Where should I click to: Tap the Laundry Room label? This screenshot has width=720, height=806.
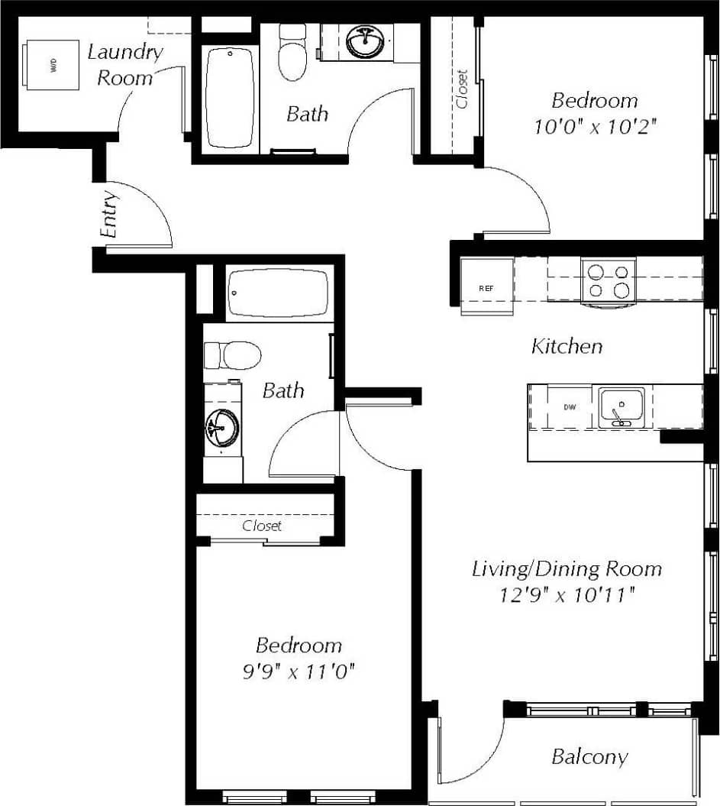[124, 64]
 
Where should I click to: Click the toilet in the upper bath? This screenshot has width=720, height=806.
[292, 53]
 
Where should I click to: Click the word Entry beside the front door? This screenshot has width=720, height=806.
[110, 215]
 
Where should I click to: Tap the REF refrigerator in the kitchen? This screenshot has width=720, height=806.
[486, 288]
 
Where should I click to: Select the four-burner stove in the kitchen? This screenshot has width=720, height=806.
[609, 280]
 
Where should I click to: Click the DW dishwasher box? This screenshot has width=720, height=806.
[570, 407]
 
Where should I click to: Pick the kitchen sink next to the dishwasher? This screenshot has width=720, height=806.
[622, 406]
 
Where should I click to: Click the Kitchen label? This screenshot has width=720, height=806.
[567, 347]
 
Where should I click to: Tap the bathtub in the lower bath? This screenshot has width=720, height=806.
[278, 293]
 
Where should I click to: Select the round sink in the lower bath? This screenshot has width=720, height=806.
[222, 427]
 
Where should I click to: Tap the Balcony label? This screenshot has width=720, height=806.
[589, 757]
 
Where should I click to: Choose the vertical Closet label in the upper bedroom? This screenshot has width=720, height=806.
[462, 89]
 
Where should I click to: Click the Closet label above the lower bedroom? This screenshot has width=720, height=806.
[262, 526]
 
